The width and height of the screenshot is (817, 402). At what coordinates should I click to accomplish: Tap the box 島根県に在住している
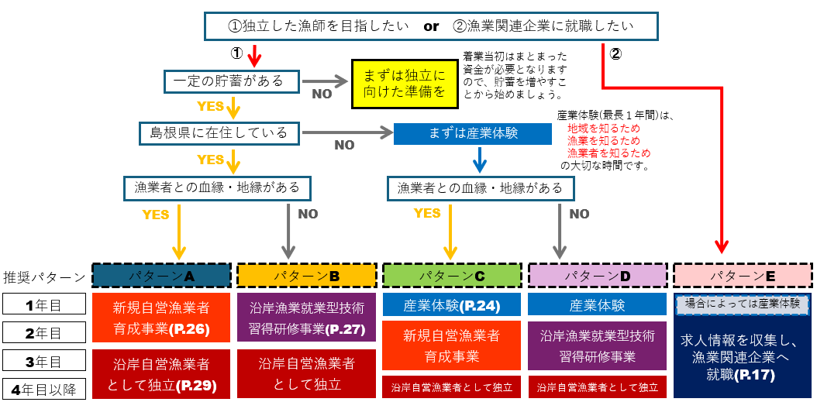[x=219, y=132]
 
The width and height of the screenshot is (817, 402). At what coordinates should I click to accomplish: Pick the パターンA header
[x=161, y=275]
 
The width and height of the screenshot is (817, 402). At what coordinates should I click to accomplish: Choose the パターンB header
[x=306, y=275]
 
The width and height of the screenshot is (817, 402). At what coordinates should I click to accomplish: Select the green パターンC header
[x=452, y=275]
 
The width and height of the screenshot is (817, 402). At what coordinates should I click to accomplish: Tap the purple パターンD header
[x=598, y=275]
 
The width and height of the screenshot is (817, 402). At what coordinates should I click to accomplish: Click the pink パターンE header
[x=743, y=275]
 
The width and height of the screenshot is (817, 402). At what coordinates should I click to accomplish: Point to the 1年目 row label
[x=43, y=304]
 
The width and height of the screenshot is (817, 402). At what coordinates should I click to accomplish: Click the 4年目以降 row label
[x=43, y=388]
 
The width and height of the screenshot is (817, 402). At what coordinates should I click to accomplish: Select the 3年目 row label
[x=43, y=360]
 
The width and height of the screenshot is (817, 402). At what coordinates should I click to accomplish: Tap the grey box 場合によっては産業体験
[x=743, y=304]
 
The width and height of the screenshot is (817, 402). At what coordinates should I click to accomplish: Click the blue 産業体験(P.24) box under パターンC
[x=452, y=305]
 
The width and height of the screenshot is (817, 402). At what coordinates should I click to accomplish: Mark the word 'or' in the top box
[x=431, y=26]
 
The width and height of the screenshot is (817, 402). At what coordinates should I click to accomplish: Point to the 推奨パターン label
[x=44, y=277]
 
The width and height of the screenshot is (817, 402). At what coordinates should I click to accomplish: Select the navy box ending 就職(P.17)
[x=743, y=357]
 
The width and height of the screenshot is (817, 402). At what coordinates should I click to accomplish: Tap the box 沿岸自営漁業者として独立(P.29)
[x=161, y=373]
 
